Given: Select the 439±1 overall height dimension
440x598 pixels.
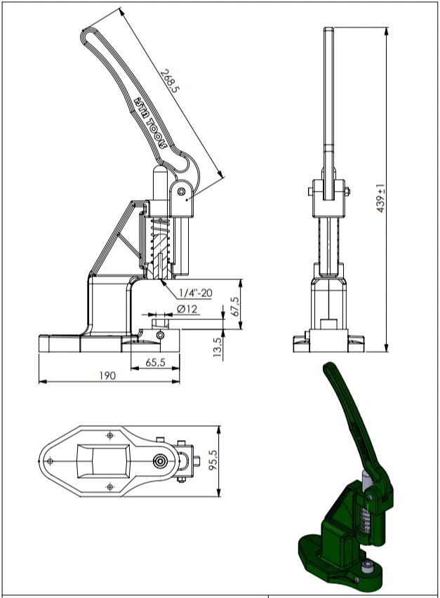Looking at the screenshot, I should coord(381,199).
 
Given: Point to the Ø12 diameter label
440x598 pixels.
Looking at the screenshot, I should coord(186,309).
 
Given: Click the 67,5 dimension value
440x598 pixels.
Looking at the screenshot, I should coord(234,306).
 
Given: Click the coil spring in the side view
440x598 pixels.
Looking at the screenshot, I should coord(161,242).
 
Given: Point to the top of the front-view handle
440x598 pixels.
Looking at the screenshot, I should coord(328,32).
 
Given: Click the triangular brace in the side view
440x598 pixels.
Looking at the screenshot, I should coord(116,239).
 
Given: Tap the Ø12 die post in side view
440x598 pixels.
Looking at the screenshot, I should coord(159,324).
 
